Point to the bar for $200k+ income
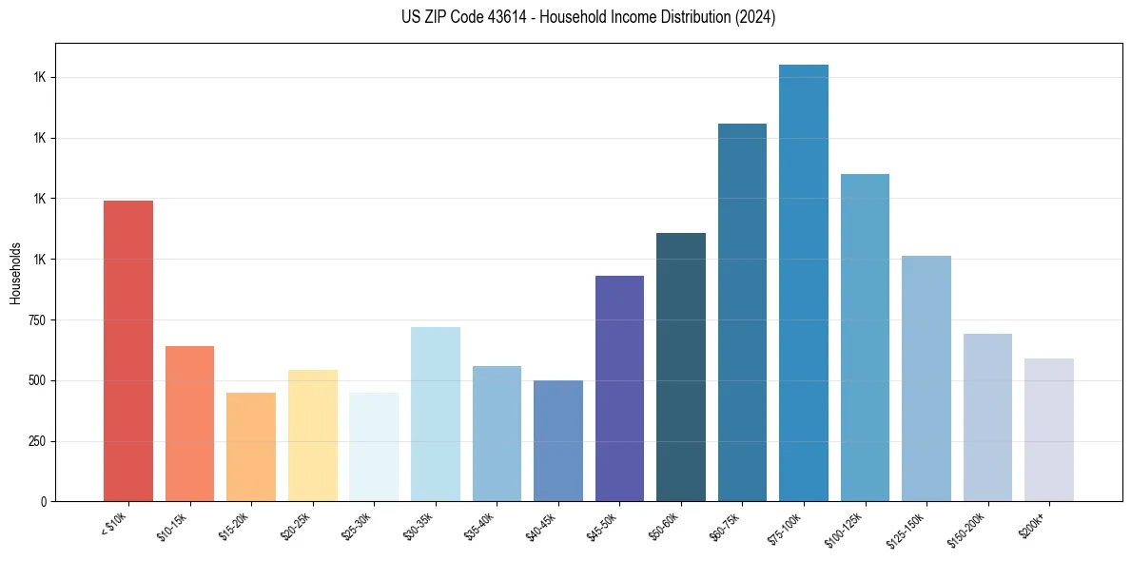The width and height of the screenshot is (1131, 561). (x=1048, y=430)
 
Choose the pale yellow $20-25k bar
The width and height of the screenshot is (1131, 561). (x=312, y=435)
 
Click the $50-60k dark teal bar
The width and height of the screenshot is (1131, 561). (x=680, y=366)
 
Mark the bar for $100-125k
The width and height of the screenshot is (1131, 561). (x=865, y=338)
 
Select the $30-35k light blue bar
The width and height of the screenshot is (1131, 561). (x=435, y=414)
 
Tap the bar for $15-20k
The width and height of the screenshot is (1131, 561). (x=251, y=447)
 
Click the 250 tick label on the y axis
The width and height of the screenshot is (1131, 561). (x=39, y=441)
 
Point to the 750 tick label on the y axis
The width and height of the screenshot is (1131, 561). (x=39, y=320)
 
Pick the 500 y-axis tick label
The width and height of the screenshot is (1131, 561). (x=39, y=380)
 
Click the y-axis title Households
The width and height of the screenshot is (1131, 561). (x=16, y=273)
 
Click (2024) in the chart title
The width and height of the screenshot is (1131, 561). (x=756, y=17)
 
